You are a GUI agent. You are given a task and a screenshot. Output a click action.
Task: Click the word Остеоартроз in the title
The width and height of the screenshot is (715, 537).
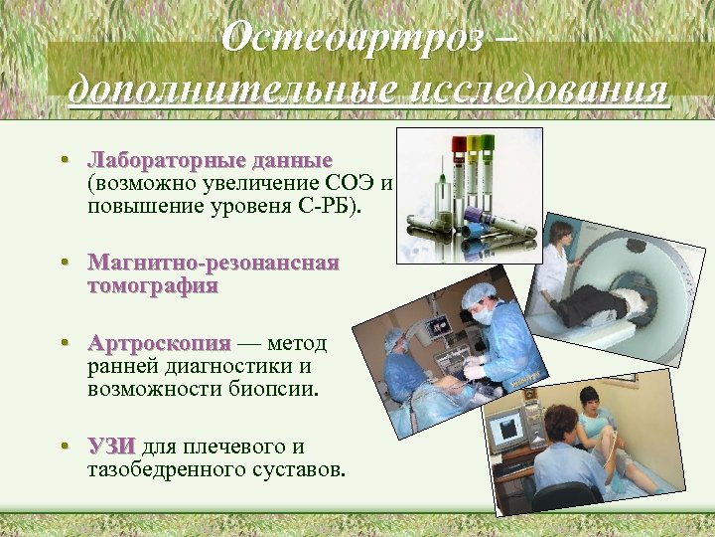click(353, 38)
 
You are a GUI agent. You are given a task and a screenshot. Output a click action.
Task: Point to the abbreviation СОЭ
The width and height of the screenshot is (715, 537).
click(352, 184)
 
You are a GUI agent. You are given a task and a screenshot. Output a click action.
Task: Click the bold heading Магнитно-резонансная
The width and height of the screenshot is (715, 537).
click(213, 264)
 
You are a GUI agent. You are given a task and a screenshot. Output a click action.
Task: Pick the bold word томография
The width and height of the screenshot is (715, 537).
click(152, 286)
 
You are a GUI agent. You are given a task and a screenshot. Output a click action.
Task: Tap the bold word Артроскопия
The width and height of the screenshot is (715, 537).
click(158, 344)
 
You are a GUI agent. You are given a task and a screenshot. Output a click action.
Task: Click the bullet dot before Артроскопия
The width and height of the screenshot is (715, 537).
click(64, 344)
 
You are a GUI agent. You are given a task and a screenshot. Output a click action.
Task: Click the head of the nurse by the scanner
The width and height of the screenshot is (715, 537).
click(562, 235)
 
